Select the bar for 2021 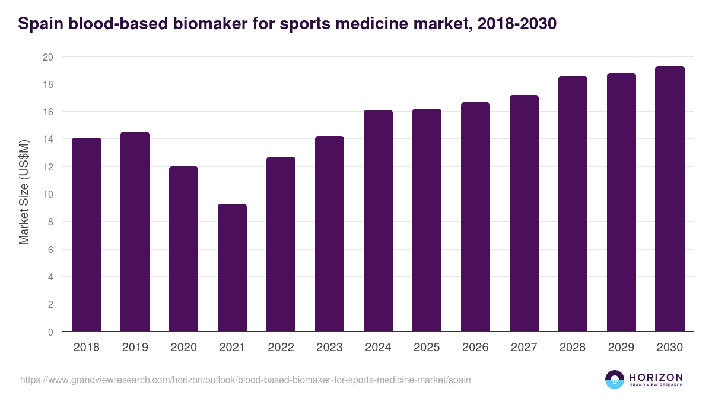click(232, 268)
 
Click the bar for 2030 click(670, 199)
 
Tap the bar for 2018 click(87, 235)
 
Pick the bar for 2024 click(378, 221)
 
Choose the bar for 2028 click(573, 204)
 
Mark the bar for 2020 click(183, 249)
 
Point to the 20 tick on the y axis click(47, 57)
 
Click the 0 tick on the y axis click(50, 332)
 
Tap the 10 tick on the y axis click(47, 194)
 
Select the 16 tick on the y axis click(47, 112)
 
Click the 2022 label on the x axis click(281, 348)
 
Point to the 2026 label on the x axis click(475, 348)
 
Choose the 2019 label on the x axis click(135, 348)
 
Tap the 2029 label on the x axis click(621, 348)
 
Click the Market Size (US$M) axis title click(24, 191)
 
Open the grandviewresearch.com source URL click(246, 380)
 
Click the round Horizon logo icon click(615, 380)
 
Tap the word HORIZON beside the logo click(656, 377)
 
